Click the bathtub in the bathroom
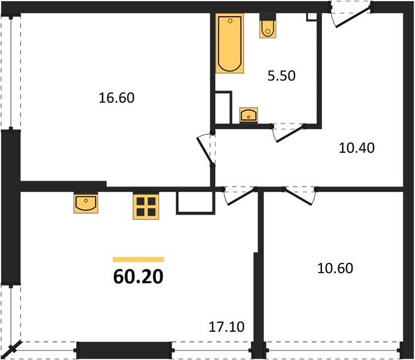click(230, 44)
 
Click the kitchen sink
click(87, 203)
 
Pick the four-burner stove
click(145, 207)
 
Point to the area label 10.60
click(335, 268)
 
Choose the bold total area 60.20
click(137, 277)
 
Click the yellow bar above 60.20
click(138, 259)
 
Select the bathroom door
click(288, 132)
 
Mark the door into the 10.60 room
click(300, 194)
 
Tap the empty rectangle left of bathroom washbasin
click(222, 107)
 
